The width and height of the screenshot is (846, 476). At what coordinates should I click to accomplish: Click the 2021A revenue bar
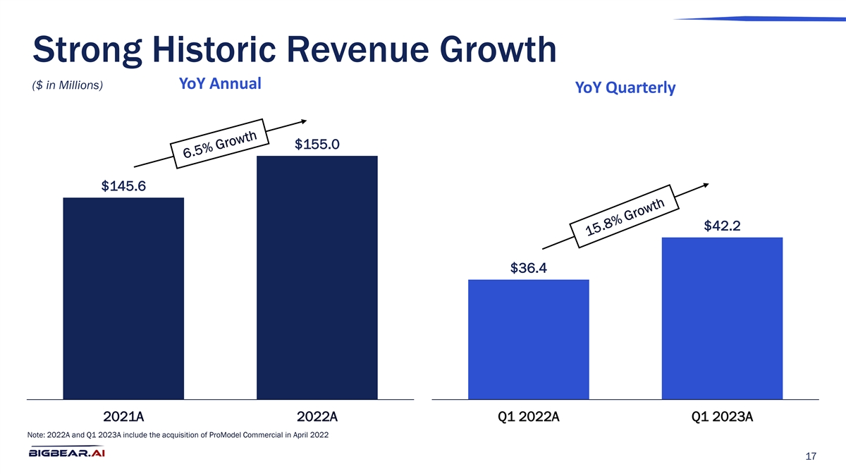(x=123, y=298)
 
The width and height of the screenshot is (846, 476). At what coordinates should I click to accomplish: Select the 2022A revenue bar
(x=317, y=277)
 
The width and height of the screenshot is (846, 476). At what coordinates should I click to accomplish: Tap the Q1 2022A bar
(x=528, y=339)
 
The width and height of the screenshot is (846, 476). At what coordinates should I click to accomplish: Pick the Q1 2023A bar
(x=722, y=318)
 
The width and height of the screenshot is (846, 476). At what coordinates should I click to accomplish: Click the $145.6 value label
(x=123, y=186)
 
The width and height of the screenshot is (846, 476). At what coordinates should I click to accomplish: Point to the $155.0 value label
(x=317, y=145)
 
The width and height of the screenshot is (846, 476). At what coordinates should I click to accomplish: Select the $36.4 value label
(x=529, y=268)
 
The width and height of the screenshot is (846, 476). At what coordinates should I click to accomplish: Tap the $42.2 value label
(x=722, y=226)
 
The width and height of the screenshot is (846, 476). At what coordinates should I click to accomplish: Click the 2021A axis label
(x=123, y=417)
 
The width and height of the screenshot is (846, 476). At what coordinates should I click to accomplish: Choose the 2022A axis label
(x=317, y=417)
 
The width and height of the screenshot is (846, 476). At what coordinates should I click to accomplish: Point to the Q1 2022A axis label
(x=529, y=417)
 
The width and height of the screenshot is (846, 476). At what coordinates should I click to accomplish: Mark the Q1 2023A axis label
(x=723, y=417)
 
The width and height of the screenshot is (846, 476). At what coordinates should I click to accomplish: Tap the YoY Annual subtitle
(x=220, y=84)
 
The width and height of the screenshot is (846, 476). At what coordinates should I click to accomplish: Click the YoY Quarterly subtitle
(x=625, y=88)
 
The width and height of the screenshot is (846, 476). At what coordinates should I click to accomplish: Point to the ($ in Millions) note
(x=68, y=86)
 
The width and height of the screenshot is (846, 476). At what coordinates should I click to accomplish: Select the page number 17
(x=810, y=457)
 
